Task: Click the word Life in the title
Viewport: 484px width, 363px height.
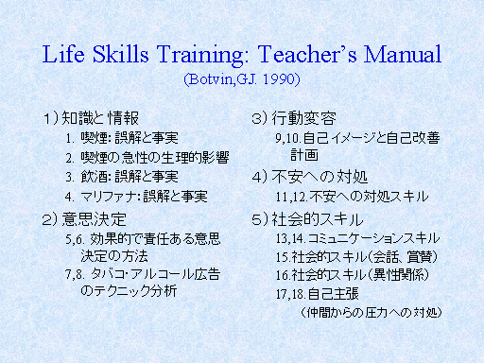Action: (63, 54)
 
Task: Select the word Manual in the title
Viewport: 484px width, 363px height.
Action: (403, 54)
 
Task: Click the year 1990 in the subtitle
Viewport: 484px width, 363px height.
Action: (279, 78)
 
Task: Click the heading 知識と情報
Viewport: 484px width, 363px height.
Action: (100, 118)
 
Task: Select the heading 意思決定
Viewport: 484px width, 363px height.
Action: (94, 219)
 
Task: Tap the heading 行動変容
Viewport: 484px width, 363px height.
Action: (303, 118)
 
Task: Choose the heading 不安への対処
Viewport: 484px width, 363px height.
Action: (320, 177)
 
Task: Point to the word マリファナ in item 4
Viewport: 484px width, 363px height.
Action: (109, 197)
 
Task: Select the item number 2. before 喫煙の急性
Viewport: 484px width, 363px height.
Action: (70, 158)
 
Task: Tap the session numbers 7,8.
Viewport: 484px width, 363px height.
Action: (75, 275)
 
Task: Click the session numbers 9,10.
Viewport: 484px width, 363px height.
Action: (288, 138)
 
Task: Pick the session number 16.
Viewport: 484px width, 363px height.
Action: (283, 275)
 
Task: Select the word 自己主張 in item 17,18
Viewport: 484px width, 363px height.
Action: (334, 294)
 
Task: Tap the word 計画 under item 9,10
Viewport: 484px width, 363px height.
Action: (304, 155)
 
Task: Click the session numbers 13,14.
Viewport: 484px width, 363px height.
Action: (290, 238)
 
